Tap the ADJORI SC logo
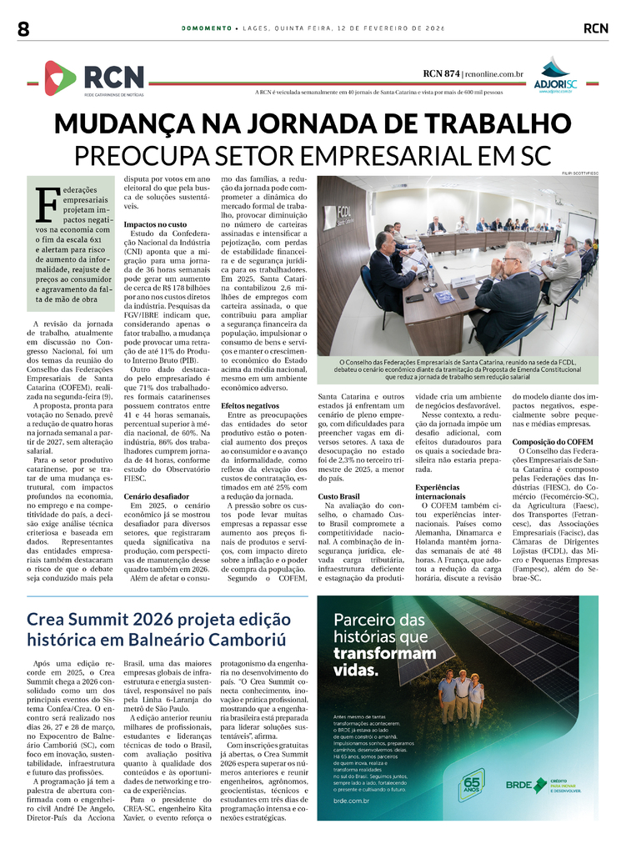[553, 76]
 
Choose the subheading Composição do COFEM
[552, 441]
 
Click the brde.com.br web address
[352, 801]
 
